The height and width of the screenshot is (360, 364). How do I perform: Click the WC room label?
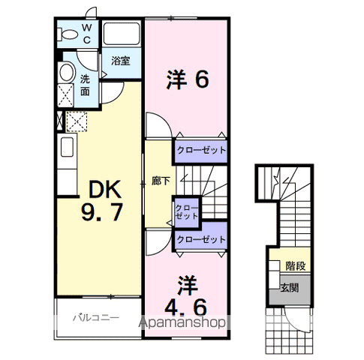pos(86,34)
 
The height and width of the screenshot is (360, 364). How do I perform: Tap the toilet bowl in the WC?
pos(67,34)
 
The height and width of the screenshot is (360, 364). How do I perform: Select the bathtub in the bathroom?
pos(122,34)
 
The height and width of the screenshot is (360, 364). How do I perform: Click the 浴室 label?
pos(121,61)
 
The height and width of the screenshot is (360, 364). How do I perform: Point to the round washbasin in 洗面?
pos(67,73)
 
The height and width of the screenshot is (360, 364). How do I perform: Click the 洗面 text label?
pos(85,85)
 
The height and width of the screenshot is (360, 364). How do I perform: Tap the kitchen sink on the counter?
pos(67,147)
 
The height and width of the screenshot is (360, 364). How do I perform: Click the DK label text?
pos(105,189)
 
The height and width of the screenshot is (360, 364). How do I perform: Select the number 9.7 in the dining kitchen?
pos(102,212)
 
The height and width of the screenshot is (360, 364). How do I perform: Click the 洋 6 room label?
pos(188,79)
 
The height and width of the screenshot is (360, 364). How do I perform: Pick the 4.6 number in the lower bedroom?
pos(185,307)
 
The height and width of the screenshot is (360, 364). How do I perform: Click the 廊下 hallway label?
pos(161,181)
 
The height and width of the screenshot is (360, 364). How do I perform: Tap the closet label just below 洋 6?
pos(201,150)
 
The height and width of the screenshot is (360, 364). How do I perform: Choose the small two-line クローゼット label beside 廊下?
pos(187,211)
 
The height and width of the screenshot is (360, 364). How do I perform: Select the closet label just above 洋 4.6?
pos(201,239)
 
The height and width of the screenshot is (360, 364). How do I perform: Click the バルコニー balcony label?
pos(96,318)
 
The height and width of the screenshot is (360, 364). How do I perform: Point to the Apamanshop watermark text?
pos(182,322)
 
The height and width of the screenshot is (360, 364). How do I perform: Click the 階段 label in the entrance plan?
pos(296,266)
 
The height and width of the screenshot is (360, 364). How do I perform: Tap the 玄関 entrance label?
pos(290,288)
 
